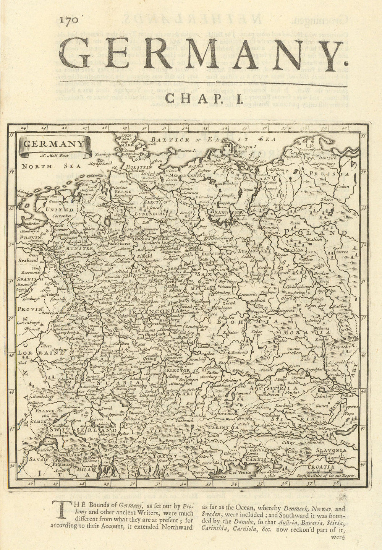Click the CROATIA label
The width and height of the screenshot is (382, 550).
pos(322,467)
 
